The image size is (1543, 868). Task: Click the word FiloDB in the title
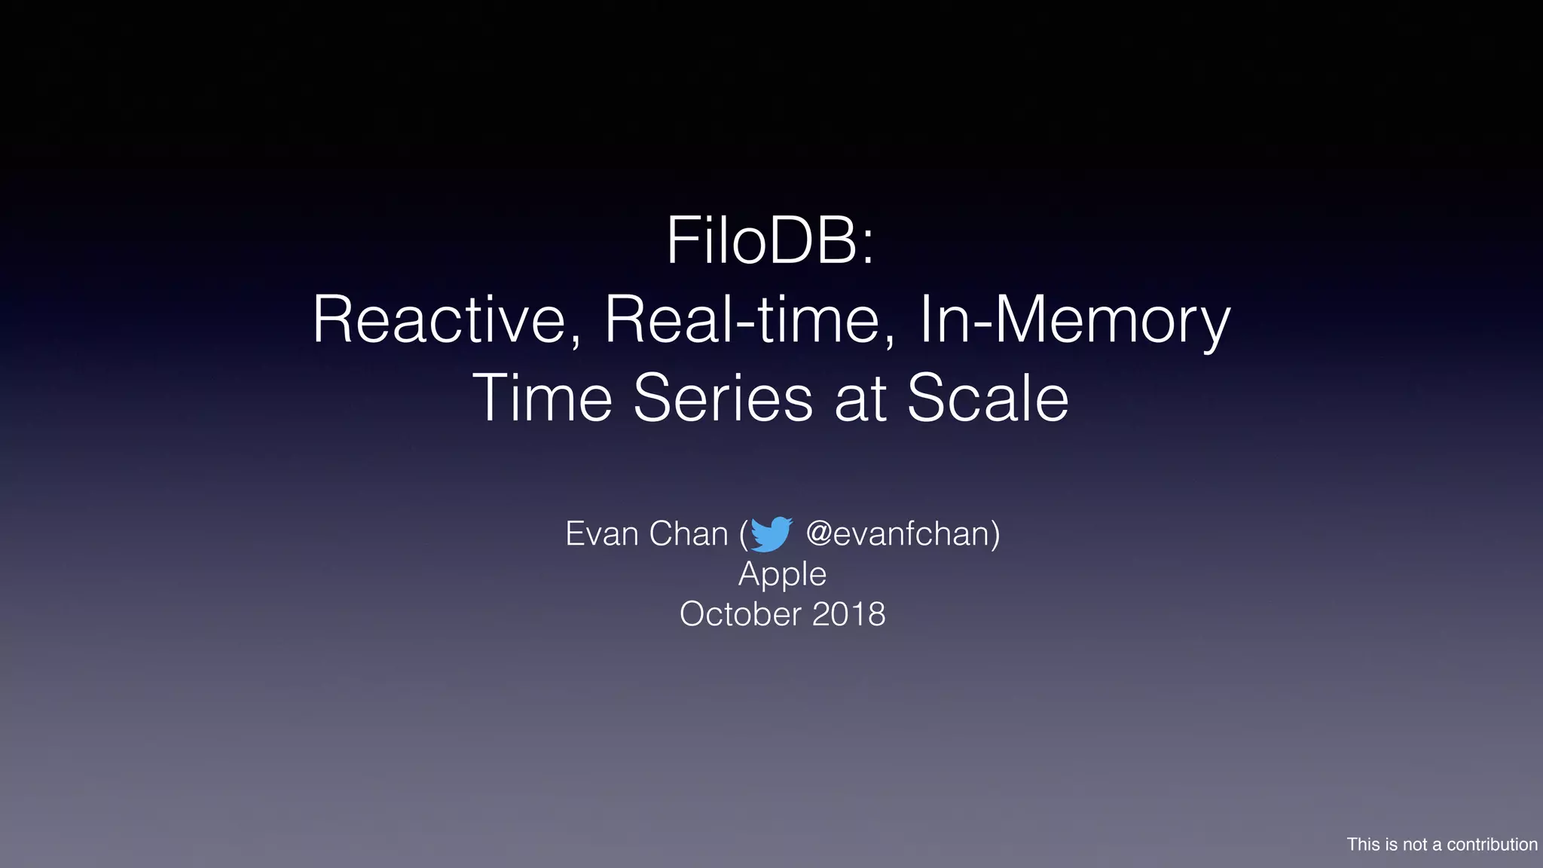point(761,241)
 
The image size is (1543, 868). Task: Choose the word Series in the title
point(723,398)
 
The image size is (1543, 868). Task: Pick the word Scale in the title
point(987,398)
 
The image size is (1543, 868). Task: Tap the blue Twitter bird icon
point(771,534)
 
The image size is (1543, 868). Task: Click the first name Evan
point(601,534)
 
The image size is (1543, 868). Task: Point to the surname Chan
point(688,534)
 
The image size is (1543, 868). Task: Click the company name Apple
point(782,575)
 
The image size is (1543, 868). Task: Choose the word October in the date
point(740,614)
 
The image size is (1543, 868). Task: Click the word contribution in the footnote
point(1492,845)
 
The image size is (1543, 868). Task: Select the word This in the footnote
point(1363,845)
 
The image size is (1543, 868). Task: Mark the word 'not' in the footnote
point(1414,845)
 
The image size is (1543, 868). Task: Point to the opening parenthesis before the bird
point(744,535)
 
